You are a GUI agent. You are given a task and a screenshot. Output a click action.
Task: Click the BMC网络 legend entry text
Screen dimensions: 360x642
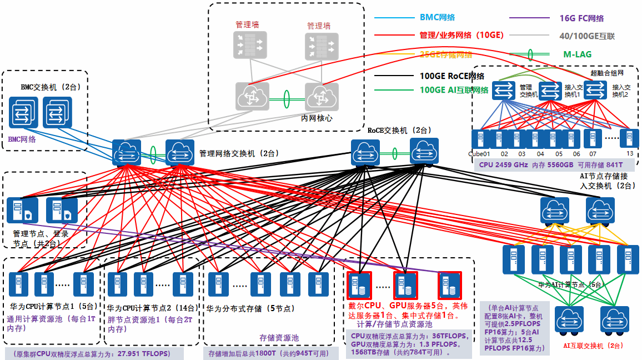tap(437, 18)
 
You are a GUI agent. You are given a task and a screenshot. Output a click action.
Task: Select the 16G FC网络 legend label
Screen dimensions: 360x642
tap(581, 18)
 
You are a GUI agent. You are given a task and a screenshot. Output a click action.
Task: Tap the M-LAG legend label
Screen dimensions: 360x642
tap(577, 54)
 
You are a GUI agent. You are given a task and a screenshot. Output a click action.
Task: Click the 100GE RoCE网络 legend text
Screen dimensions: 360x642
tap(452, 76)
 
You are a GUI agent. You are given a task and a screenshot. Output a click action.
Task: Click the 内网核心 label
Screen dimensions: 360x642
tap(317, 118)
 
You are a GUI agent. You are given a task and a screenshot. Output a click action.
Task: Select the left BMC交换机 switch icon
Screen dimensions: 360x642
tap(24, 113)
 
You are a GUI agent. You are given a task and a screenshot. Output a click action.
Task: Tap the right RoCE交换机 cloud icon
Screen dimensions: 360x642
tap(424, 152)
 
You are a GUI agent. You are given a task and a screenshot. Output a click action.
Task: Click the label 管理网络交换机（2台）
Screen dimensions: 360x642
tap(239, 153)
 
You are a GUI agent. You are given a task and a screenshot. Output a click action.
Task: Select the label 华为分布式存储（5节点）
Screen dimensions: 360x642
tap(250, 308)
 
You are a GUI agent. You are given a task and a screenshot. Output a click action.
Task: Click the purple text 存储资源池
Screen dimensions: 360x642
tap(279, 337)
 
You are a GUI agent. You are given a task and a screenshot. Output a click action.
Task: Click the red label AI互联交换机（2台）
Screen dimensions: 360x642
tap(593, 346)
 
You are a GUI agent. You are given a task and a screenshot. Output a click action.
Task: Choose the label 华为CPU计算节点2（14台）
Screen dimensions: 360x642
tap(151, 308)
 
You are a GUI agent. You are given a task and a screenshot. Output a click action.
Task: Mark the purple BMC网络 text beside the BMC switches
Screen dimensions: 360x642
tap(22, 139)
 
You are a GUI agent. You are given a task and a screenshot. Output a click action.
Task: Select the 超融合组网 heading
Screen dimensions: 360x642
tap(608, 73)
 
